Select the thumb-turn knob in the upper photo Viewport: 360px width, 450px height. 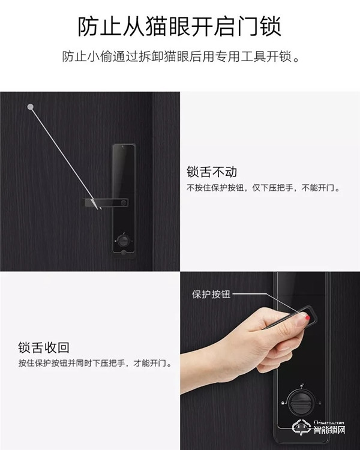coord(122,241)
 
